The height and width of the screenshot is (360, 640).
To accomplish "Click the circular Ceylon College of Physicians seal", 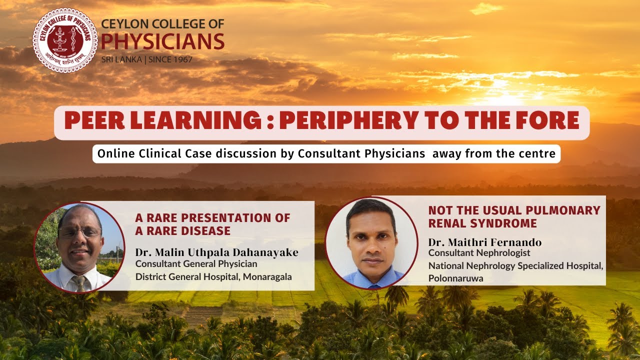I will point(65,40).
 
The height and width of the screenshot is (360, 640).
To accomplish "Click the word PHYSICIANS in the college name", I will point(162,42).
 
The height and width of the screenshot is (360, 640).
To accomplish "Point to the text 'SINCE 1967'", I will point(169,59).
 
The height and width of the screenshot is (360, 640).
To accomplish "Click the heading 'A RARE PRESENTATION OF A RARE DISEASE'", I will point(212,224).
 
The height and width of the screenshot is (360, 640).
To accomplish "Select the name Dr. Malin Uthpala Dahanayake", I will point(216,252).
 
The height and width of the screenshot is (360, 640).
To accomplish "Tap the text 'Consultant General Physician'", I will point(196,263).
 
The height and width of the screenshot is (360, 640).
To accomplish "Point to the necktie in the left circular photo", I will point(79,283).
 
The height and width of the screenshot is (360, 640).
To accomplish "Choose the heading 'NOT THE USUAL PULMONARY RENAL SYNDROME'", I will point(514,216).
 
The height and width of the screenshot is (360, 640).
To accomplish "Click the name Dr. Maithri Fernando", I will point(484,242).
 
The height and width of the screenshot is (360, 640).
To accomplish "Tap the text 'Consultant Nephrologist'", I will point(479,253).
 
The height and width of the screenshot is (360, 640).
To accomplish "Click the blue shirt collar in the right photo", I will point(372,277).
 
